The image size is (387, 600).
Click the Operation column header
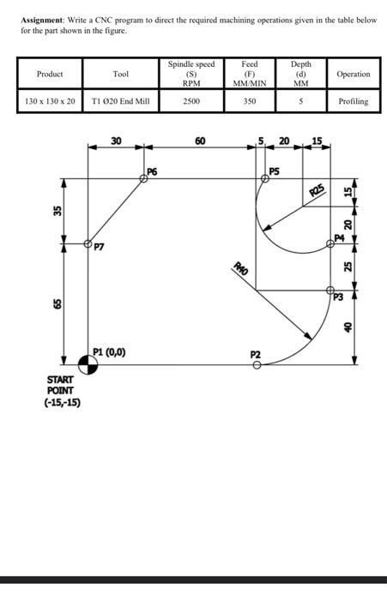(353, 74)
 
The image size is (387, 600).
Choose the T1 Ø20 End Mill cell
(120, 101)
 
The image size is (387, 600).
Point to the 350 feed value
(250, 101)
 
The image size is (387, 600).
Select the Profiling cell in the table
(353, 101)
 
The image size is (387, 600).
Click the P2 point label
(256, 353)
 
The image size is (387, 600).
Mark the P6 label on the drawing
(152, 171)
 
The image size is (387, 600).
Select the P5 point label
(275, 171)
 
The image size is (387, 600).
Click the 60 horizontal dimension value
(200, 140)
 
